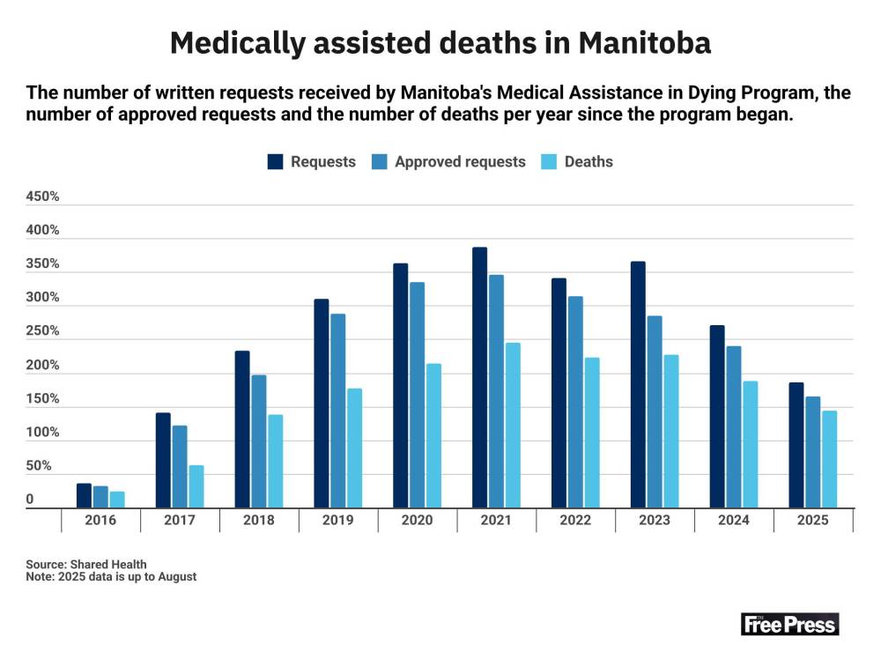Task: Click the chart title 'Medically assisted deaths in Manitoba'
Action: pos(440,42)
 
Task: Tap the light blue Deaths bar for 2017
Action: pos(196,486)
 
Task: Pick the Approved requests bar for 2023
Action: pos(655,411)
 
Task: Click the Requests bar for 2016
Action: pos(84,495)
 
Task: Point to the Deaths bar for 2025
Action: pos(829,459)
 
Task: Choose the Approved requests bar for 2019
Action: pos(338,411)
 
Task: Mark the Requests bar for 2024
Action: pos(717,417)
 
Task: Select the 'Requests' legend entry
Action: pos(312,162)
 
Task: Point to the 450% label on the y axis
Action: pos(42,197)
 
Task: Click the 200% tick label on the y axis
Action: pos(42,366)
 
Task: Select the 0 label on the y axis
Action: pos(30,500)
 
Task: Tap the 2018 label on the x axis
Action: pos(259,521)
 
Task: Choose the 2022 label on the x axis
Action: pos(575,521)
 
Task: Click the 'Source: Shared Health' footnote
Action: pos(86,564)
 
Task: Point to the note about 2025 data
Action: pos(111,577)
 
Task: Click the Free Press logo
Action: pos(789,624)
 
